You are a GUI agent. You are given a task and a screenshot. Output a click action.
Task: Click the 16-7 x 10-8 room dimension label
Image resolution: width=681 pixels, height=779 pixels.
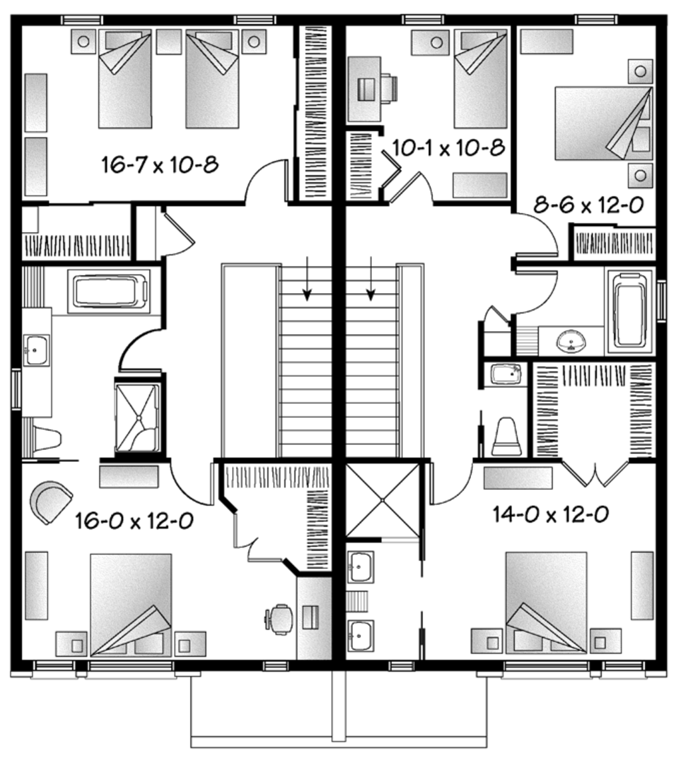(x=160, y=164)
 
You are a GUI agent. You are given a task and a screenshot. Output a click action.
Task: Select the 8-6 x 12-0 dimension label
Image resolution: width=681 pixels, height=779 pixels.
(x=589, y=205)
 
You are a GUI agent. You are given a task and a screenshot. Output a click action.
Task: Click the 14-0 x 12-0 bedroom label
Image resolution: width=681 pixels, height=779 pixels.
(x=551, y=514)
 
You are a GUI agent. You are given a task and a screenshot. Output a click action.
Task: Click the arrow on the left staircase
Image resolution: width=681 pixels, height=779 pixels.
(x=307, y=284)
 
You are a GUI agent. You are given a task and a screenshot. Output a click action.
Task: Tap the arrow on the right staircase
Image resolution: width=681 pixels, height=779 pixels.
(x=371, y=284)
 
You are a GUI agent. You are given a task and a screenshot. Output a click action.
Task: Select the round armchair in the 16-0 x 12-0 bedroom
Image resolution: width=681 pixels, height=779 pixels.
(x=51, y=502)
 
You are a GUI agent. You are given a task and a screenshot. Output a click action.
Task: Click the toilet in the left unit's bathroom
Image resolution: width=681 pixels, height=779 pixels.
(x=45, y=439)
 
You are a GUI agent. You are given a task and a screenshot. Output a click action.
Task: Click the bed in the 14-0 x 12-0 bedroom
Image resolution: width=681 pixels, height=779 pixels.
(x=547, y=602)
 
